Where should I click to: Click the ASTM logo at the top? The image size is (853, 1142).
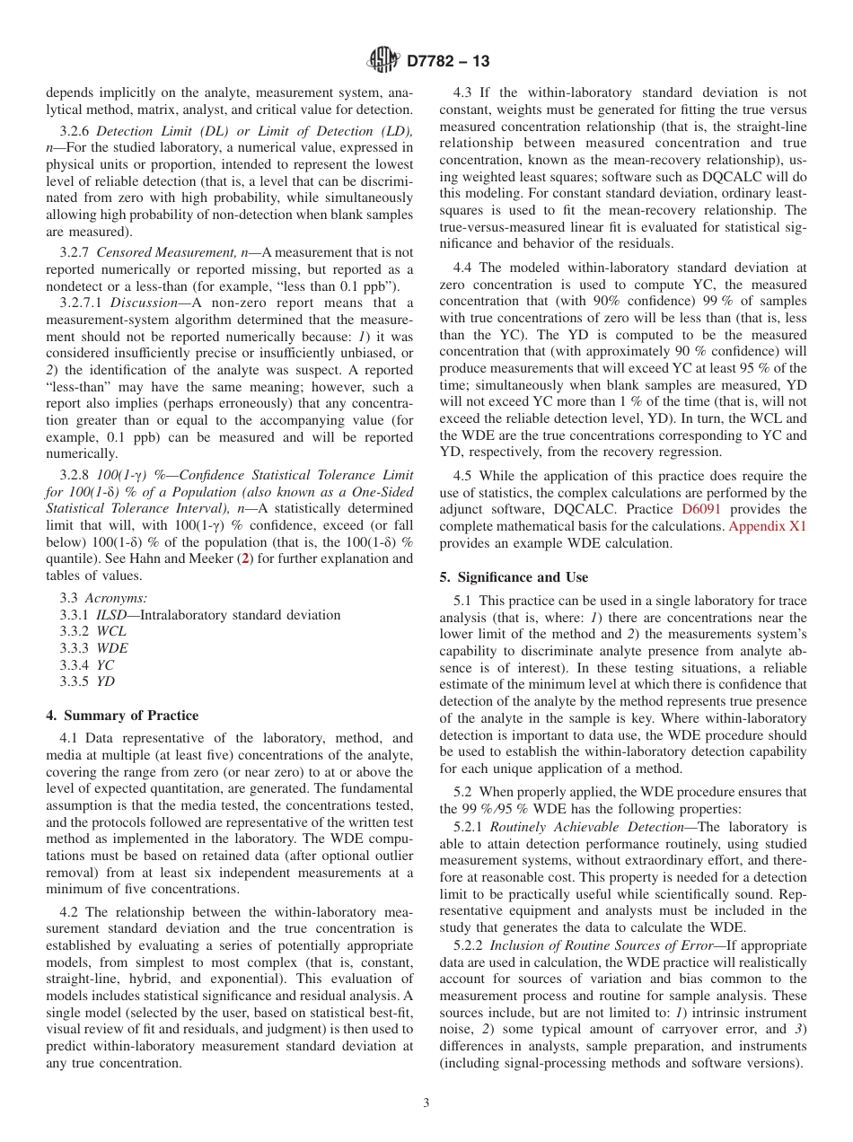pyautogui.click(x=383, y=61)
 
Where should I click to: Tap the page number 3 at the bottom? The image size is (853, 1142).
pyautogui.click(x=426, y=1103)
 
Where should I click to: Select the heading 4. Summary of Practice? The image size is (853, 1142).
pyautogui.click(x=122, y=716)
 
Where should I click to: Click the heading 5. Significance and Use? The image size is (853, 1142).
pyautogui.click(x=514, y=577)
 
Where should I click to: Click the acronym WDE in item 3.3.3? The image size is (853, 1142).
pyautogui.click(x=112, y=648)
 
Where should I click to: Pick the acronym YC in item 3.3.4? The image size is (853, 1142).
pyautogui.click(x=105, y=665)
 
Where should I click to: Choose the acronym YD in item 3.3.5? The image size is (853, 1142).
pyautogui.click(x=105, y=681)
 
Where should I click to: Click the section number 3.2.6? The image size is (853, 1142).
pyautogui.click(x=75, y=130)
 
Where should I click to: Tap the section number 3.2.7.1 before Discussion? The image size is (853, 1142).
pyautogui.click(x=82, y=303)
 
